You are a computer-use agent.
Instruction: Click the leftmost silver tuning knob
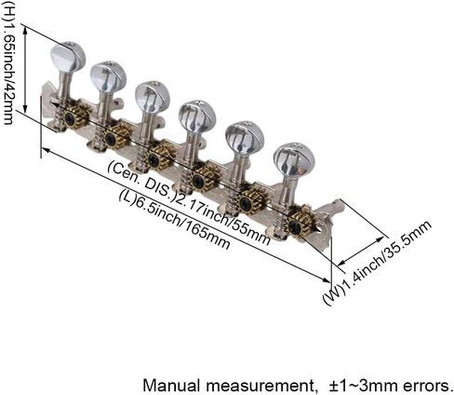pyautogui.click(x=68, y=57)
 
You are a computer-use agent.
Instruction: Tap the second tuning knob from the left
pyautogui.click(x=109, y=76)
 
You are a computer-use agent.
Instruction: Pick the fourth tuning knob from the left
pyautogui.click(x=197, y=116)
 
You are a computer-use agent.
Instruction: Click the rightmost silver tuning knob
pyautogui.click(x=294, y=161)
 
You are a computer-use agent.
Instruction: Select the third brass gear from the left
pyautogui.click(x=157, y=158)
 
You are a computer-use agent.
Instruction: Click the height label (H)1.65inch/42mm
pyautogui.click(x=8, y=62)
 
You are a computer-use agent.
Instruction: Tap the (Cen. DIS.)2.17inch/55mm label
pyautogui.click(x=189, y=202)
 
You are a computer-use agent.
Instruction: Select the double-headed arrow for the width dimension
pyautogui.click(x=362, y=251)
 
